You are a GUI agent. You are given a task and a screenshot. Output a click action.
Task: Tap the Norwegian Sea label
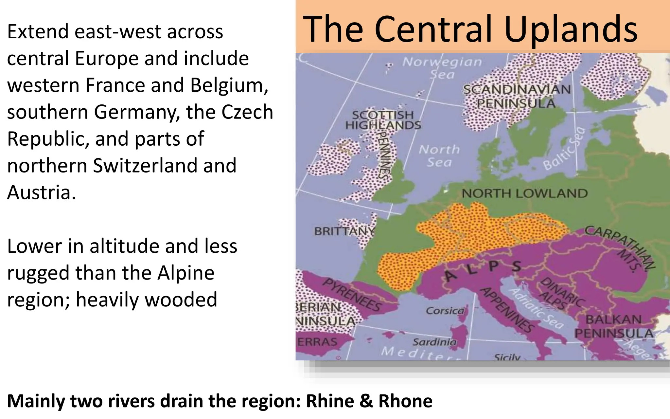(442, 68)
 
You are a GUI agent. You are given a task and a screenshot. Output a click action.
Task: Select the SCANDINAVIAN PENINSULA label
(517, 96)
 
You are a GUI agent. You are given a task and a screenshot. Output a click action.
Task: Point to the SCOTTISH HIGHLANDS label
(383, 120)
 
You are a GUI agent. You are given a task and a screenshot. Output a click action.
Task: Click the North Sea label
(439, 156)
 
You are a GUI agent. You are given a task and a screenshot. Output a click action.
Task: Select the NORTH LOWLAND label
(524, 193)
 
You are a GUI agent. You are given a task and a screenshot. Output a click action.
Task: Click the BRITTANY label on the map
(344, 231)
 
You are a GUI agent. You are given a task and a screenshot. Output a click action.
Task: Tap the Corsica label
(445, 311)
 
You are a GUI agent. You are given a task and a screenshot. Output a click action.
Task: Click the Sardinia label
(434, 342)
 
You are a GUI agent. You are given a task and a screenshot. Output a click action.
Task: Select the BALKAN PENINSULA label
(614, 326)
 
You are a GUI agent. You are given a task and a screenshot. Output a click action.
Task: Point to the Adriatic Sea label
(537, 308)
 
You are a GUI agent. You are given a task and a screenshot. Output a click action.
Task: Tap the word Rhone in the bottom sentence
(405, 401)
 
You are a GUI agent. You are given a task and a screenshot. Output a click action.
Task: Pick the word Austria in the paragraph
(41, 192)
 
